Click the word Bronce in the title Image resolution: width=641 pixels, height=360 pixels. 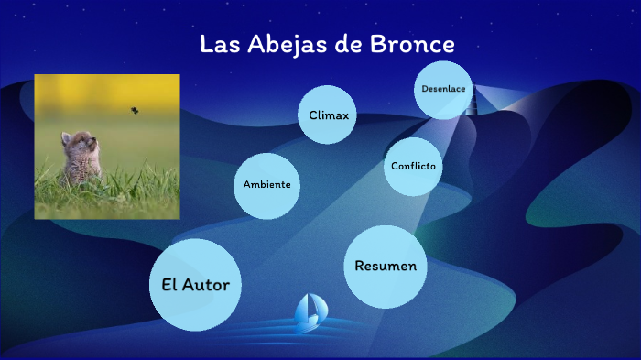click(x=411, y=45)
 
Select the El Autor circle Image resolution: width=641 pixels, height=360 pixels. click(x=195, y=284)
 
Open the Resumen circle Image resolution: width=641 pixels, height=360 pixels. click(x=386, y=266)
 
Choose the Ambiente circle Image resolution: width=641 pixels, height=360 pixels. click(x=266, y=185)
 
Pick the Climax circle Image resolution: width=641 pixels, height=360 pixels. click(x=329, y=115)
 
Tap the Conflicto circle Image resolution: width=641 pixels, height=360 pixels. click(x=413, y=166)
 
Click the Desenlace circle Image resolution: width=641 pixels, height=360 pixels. click(x=443, y=90)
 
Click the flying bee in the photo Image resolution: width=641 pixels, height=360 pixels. click(x=135, y=111)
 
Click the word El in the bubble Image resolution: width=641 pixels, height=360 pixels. click(x=168, y=284)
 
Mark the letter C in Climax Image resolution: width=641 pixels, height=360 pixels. click(x=313, y=115)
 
